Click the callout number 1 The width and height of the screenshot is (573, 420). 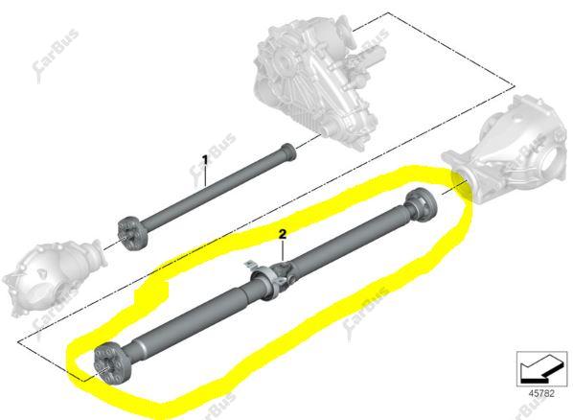click(205, 160)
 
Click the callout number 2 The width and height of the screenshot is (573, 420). click(283, 235)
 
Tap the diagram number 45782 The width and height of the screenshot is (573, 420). click(541, 394)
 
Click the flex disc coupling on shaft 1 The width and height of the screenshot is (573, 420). click(132, 234)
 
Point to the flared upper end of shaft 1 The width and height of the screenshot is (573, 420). click(287, 152)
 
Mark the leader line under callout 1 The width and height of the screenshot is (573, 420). click(205, 176)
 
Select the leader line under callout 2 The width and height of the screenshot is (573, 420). click(283, 251)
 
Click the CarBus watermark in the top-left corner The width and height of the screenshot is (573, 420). click(55, 55)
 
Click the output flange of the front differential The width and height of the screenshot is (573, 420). click(99, 252)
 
